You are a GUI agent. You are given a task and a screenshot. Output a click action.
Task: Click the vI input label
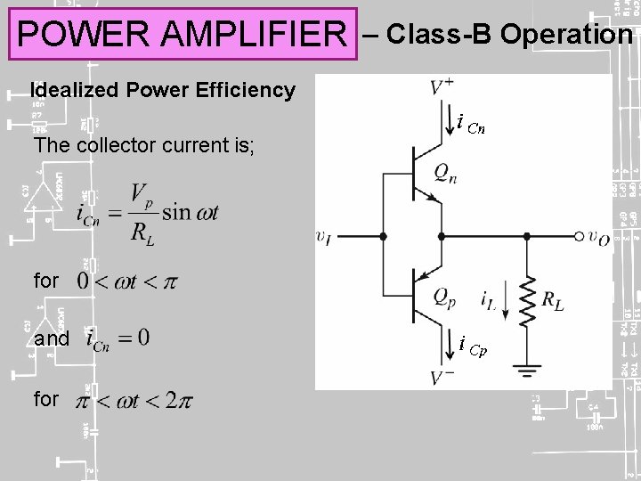point(324,237)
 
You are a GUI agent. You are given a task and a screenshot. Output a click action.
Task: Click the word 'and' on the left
point(51,339)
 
